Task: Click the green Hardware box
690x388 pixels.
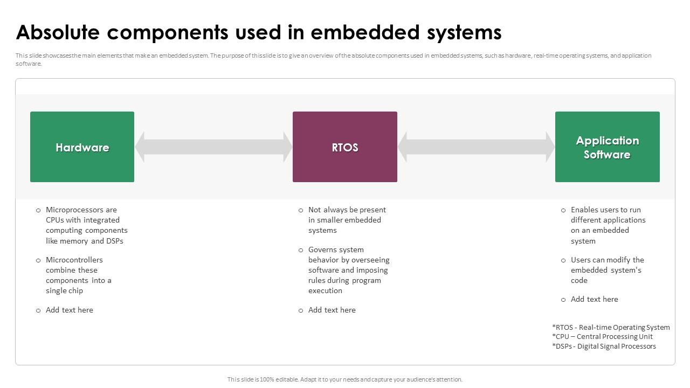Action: tap(82, 147)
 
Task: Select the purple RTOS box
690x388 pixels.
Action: tap(345, 147)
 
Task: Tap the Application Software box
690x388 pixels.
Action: tap(607, 147)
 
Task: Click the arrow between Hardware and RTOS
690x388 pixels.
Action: tap(213, 147)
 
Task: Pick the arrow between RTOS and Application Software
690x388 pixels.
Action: tap(476, 147)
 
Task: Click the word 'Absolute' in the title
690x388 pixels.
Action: tap(58, 32)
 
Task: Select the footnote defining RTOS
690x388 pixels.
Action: tap(611, 327)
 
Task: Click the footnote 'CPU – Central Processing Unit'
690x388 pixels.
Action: tap(602, 337)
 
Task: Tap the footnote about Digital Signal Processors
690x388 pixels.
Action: tap(604, 347)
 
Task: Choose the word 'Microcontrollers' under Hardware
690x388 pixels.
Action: tap(74, 260)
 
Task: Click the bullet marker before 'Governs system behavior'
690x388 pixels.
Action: tap(301, 250)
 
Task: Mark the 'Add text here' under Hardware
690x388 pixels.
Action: tap(70, 310)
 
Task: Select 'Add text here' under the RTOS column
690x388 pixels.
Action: tap(332, 310)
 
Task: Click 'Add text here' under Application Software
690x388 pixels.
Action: tap(595, 299)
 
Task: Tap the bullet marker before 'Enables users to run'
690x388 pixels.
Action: tap(563, 210)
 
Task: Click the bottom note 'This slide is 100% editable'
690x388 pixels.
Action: tap(344, 379)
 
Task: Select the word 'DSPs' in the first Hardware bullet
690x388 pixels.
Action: tap(114, 241)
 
